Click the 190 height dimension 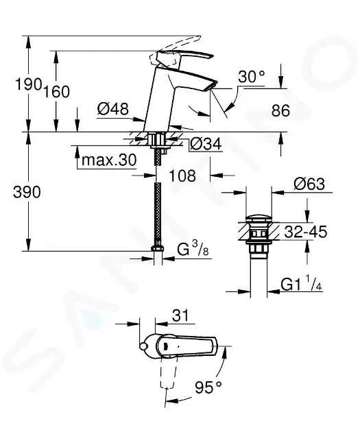(x=29, y=84)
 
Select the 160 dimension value (x=57, y=92)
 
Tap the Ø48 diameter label (x=113, y=109)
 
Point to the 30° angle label (x=252, y=77)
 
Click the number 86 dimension (x=280, y=111)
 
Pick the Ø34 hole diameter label (x=206, y=144)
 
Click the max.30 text (x=109, y=160)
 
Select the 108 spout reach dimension (x=182, y=176)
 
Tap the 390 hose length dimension (x=27, y=192)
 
